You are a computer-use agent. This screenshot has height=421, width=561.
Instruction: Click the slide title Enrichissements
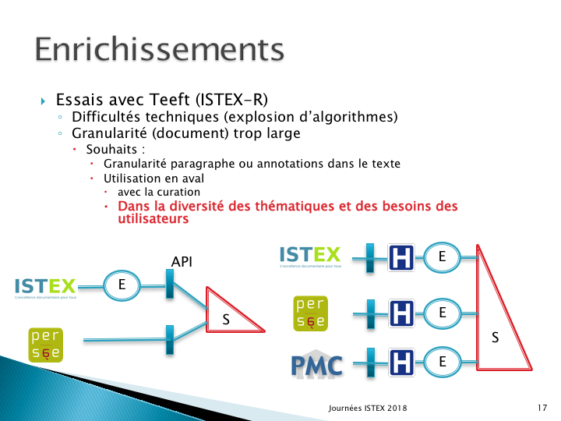tap(160, 49)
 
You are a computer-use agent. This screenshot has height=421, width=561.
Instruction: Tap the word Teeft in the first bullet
tap(170, 100)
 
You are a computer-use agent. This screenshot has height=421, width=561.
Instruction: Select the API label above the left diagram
tap(182, 262)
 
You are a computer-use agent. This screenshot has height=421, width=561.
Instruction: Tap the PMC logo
tap(317, 364)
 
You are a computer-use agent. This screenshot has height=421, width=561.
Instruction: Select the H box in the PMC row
tap(401, 362)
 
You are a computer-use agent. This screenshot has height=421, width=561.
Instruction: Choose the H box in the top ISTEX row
tap(401, 257)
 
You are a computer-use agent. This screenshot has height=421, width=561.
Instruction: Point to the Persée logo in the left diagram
tap(45, 345)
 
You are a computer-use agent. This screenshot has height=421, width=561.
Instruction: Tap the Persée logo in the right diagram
tap(310, 313)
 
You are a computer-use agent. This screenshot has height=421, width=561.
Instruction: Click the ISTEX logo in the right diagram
tap(310, 256)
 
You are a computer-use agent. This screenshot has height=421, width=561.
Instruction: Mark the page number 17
tap(542, 408)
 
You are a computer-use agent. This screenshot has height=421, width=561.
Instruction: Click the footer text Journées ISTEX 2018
tap(368, 408)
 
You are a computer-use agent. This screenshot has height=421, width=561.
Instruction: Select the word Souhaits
tap(111, 149)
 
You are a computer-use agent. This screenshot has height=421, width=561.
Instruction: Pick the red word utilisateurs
tap(153, 218)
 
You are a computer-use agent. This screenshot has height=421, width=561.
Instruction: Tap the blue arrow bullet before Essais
tap(43, 101)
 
